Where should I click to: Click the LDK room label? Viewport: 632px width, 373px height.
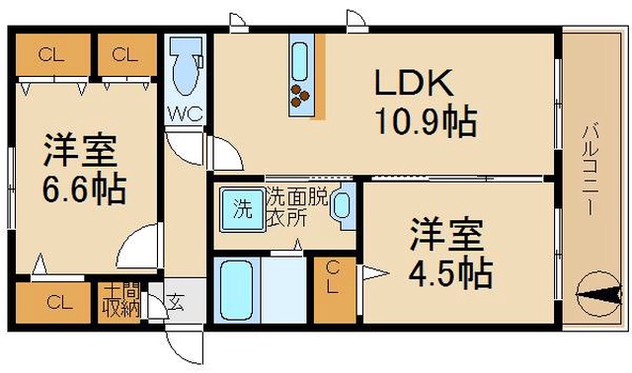point(414,83)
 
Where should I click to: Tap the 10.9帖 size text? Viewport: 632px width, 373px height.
point(427,121)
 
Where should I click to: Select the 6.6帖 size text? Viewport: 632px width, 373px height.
point(84,188)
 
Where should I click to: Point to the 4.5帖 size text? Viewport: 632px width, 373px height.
point(450,273)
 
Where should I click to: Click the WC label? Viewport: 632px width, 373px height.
point(185,114)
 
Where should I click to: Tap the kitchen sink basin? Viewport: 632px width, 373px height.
point(300,61)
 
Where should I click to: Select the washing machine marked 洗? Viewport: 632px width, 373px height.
point(243,209)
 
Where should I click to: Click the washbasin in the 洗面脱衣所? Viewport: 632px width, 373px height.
point(343,206)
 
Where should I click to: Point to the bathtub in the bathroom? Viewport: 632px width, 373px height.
point(237,290)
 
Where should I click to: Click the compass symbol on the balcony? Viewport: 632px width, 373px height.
point(598,293)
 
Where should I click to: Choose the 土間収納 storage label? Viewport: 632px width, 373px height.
point(120,301)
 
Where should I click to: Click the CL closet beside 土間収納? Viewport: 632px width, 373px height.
point(53,303)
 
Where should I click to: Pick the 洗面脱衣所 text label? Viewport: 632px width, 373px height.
point(298,206)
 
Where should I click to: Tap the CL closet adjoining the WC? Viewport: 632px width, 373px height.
point(127,54)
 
